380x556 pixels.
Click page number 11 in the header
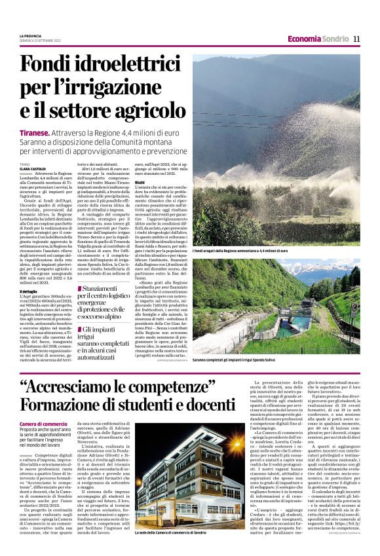356,39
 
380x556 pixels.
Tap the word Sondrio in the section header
335,39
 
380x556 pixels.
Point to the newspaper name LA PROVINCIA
31,36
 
